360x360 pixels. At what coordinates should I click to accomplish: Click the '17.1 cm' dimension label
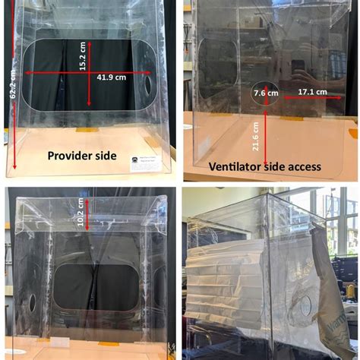[x=312, y=92]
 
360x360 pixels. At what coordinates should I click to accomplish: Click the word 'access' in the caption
[x=304, y=166]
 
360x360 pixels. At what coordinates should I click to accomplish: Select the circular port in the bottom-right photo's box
[x=304, y=306]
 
